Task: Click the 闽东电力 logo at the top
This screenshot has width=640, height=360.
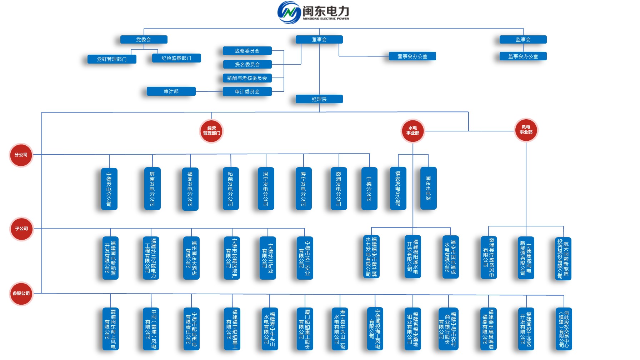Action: [x=313, y=12]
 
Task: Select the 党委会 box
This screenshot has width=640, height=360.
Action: [x=144, y=40]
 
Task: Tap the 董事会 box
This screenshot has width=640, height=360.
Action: [x=319, y=40]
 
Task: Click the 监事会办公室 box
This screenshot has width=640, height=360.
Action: [x=523, y=56]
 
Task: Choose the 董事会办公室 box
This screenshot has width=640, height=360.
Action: [x=412, y=56]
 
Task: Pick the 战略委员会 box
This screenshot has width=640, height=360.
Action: [x=247, y=51]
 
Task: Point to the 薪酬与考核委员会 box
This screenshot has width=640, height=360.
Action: [x=247, y=78]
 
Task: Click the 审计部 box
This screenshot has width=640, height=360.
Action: [x=171, y=91]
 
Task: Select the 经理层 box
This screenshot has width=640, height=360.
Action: [x=319, y=99]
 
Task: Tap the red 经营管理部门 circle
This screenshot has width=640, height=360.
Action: [x=211, y=131]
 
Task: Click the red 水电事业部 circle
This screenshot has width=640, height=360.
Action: [x=412, y=131]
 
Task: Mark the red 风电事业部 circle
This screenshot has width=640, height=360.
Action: [x=526, y=130]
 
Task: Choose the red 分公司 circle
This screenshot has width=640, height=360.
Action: [x=21, y=155]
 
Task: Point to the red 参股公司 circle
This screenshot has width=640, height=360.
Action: [x=21, y=294]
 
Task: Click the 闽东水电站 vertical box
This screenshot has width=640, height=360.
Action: [x=428, y=188]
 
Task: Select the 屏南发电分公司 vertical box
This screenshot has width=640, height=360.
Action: [x=152, y=189]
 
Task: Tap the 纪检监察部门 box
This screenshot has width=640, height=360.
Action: [x=176, y=58]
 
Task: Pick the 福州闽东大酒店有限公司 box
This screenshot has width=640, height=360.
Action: [x=191, y=258]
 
